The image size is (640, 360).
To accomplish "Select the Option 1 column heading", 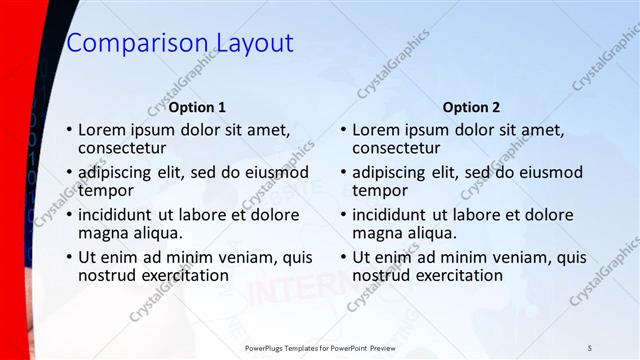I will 197,107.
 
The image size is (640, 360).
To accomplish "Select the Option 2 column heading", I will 471,107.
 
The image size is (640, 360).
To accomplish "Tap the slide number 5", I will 590,347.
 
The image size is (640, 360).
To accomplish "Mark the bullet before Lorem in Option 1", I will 68,130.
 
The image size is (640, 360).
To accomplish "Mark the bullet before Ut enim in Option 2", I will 343,257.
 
